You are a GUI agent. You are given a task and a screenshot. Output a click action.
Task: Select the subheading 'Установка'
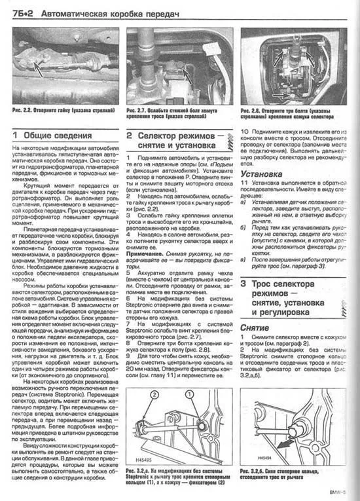(x=262, y=175)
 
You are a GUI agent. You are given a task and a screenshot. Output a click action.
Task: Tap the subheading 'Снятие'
(x=255, y=325)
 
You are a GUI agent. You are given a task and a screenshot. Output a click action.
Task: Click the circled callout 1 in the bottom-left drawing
(x=190, y=394)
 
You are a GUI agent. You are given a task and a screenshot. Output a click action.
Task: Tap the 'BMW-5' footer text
(x=343, y=493)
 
